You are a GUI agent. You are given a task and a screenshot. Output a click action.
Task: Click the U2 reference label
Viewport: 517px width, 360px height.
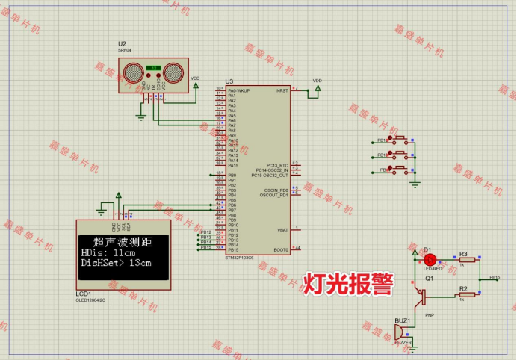click(122, 44)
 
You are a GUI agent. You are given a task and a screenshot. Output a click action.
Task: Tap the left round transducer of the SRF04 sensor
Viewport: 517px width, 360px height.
click(134, 72)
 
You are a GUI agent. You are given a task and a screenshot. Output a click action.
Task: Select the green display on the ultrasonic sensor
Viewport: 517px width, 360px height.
click(153, 69)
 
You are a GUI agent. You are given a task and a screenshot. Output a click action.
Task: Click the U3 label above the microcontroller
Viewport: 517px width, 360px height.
click(229, 81)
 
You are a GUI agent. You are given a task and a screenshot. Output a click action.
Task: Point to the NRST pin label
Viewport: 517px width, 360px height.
click(282, 90)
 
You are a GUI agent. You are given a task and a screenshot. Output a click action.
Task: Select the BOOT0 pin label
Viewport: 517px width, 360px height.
click(281, 249)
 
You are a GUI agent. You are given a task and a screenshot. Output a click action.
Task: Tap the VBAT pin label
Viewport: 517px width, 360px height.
click(282, 230)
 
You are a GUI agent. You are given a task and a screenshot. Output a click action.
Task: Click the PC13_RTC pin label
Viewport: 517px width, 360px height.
click(277, 165)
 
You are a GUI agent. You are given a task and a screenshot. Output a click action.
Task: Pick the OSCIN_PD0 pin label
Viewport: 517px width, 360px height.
click(276, 190)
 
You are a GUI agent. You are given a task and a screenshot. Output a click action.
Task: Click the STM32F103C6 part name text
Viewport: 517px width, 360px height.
click(239, 257)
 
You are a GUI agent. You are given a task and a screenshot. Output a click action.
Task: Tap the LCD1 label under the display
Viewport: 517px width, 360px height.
click(83, 294)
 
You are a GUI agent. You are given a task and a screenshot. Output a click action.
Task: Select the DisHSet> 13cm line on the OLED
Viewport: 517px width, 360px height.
click(116, 264)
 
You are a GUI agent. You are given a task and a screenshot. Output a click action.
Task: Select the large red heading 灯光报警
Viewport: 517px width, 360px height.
click(347, 283)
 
